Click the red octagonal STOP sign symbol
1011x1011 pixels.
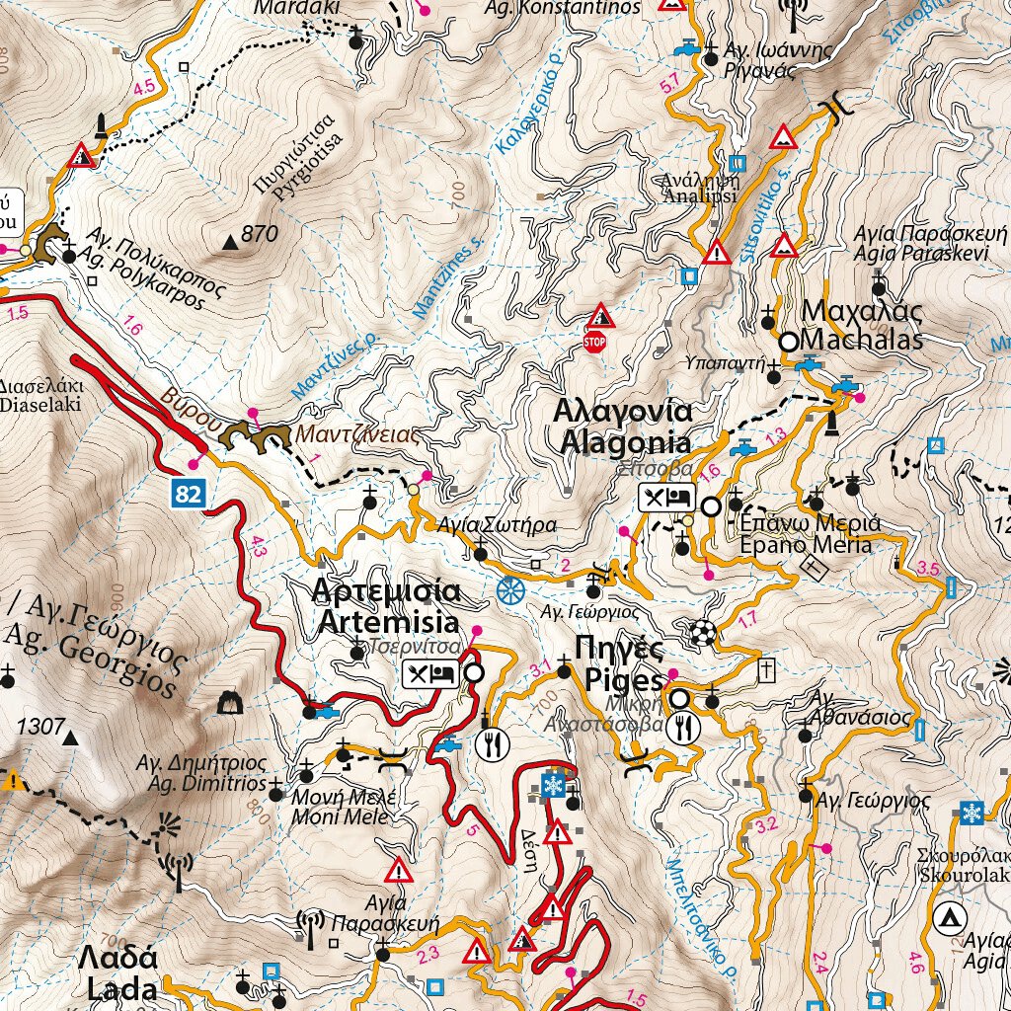coord(593,342)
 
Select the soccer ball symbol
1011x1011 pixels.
coord(702,632)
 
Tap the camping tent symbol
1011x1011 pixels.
coord(949,919)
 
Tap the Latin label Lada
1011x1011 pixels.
coord(121,989)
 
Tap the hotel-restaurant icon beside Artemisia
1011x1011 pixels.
coord(429,674)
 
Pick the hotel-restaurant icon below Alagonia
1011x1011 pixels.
coord(667,498)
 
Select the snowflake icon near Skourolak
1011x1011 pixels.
coord(972,813)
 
